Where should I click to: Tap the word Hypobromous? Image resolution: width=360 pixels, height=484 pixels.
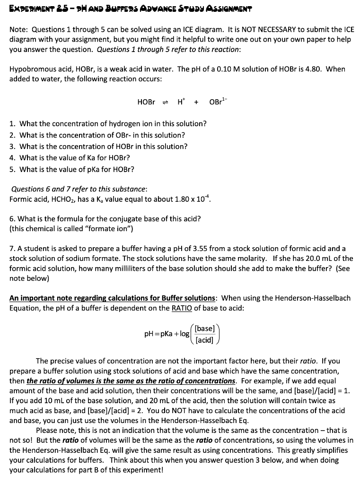click(x=30, y=69)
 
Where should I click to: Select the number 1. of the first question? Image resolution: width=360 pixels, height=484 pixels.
click(x=13, y=124)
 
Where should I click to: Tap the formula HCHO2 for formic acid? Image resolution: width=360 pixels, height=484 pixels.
click(x=58, y=199)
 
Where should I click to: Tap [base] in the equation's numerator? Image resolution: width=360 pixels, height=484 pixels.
click(x=205, y=328)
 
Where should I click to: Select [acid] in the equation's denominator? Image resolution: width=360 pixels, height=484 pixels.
click(x=205, y=340)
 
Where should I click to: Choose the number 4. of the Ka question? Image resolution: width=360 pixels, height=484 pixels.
click(x=13, y=158)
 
